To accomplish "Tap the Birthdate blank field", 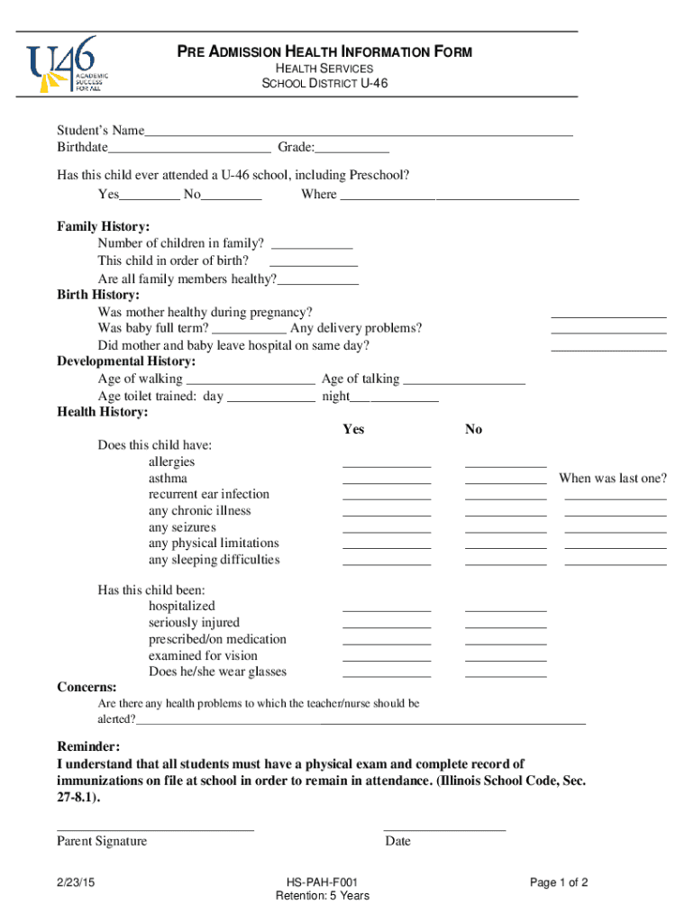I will tap(189, 149).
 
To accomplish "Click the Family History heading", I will tap(104, 226).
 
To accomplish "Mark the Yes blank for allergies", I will tap(387, 464).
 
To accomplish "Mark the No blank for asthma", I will tap(506, 480).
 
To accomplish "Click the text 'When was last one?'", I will tap(613, 478).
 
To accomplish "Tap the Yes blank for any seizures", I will tap(387, 530).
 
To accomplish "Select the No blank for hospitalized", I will tap(506, 608).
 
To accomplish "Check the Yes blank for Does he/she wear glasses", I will tap(387, 674).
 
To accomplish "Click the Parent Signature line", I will tap(155, 828).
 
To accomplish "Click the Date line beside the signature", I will tap(444, 828).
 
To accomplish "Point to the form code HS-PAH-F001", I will tap(323, 882).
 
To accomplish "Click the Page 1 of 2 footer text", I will tap(559, 882).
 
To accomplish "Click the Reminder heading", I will tap(88, 747).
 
